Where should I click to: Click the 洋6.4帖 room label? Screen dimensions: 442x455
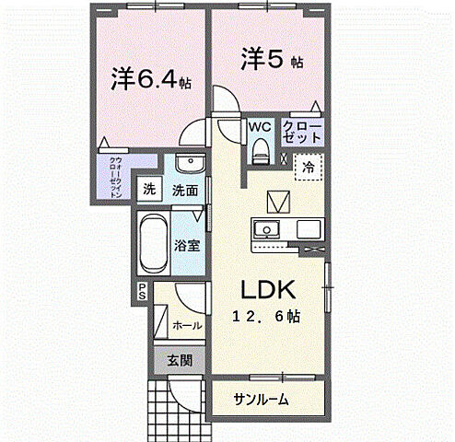pyautogui.click(x=150, y=80)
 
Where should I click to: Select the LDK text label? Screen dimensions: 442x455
pyautogui.click(x=268, y=291)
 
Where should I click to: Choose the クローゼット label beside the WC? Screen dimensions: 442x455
pyautogui.click(x=303, y=131)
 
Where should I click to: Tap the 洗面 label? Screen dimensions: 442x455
pyautogui.click(x=184, y=191)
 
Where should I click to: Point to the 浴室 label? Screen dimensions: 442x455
pyautogui.click(x=188, y=245)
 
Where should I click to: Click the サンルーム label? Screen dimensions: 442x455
pyautogui.click(x=261, y=400)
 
